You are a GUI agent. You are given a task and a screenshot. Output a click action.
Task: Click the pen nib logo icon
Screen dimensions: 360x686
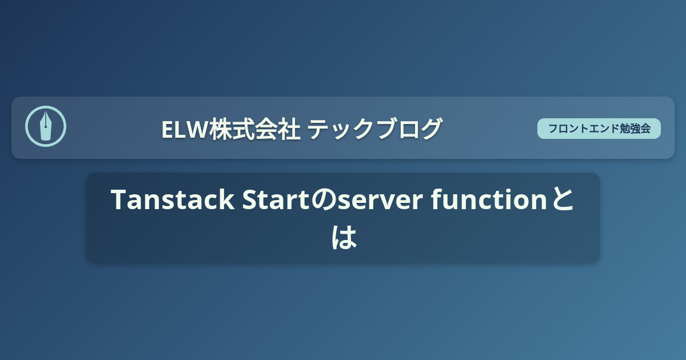click(x=46, y=126)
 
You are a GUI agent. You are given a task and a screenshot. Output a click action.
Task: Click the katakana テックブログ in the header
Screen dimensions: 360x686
click(x=374, y=129)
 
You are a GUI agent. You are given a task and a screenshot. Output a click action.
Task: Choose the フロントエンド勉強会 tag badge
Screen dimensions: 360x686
click(x=599, y=129)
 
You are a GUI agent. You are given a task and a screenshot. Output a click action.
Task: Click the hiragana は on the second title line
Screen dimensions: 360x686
click(x=344, y=237)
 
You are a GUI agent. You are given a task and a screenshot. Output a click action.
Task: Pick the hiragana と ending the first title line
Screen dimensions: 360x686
click(x=563, y=201)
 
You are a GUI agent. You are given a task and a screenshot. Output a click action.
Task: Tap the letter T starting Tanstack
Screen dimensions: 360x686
click(x=118, y=200)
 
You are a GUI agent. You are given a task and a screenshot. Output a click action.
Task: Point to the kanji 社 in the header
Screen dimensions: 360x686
click(x=291, y=129)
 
